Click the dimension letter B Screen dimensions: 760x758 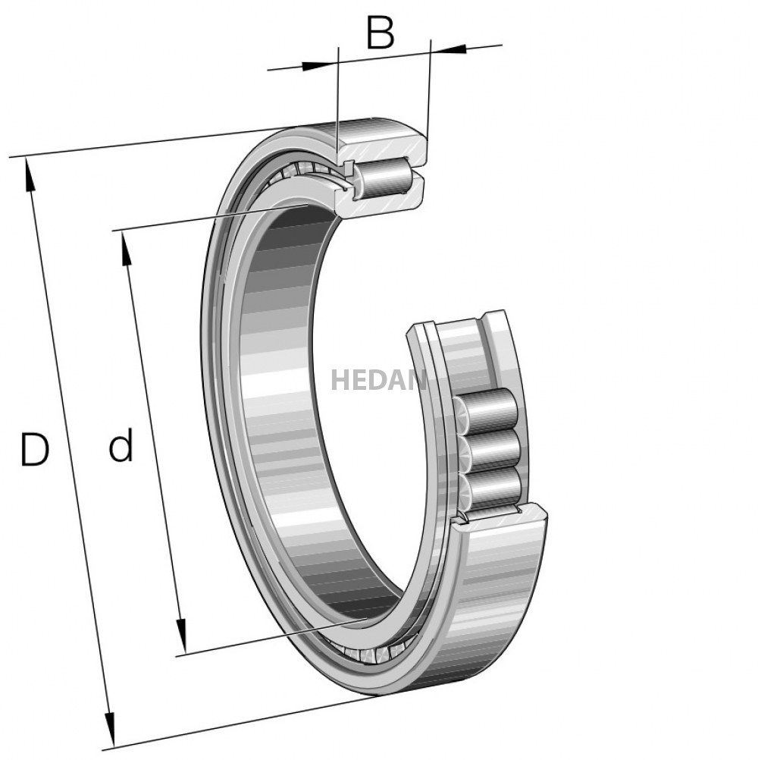pyautogui.click(x=380, y=33)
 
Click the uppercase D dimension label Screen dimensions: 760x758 pyautogui.click(x=34, y=450)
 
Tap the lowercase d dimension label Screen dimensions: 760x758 pyautogui.click(x=121, y=445)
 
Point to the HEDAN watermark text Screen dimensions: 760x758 pyautogui.click(x=378, y=379)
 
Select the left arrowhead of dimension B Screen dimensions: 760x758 pyautogui.click(x=321, y=64)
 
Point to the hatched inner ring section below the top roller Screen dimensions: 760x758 pyautogui.click(x=379, y=200)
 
